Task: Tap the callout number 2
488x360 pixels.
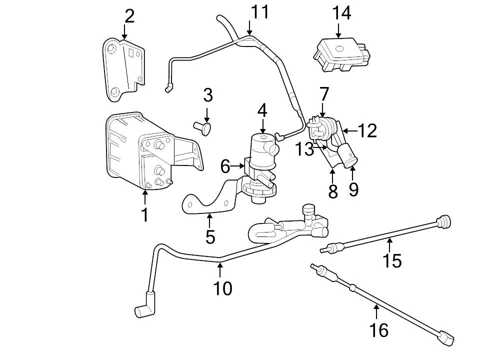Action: point(129,16)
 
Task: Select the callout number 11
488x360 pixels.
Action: point(259,11)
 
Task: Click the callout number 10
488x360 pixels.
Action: point(222,288)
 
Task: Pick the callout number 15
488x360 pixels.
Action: point(392,260)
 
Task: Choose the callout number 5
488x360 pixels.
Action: point(210,236)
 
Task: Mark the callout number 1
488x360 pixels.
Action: point(144,214)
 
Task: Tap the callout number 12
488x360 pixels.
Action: point(367,131)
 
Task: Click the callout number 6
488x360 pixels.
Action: point(225,166)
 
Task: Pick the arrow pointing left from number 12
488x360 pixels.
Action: point(350,131)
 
